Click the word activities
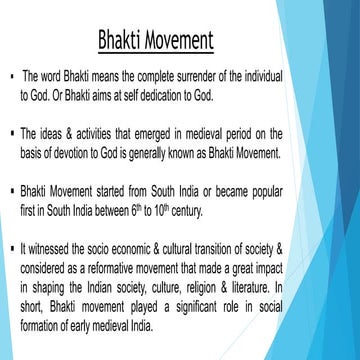coord(103,134)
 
